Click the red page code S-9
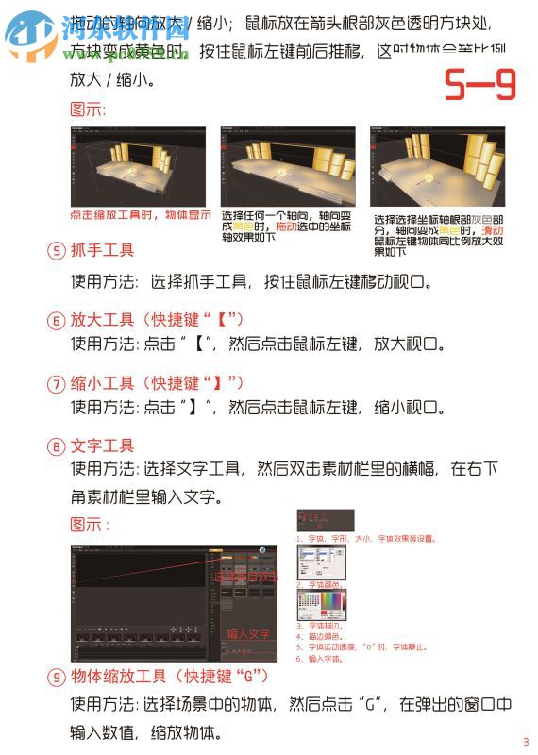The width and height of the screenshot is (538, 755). pos(480,86)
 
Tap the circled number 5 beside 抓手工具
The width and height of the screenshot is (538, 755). pos(57,251)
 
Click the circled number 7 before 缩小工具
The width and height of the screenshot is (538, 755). pos(57,384)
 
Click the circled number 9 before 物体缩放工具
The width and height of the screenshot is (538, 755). pos(57,677)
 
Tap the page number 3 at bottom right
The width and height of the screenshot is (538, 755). pos(526,741)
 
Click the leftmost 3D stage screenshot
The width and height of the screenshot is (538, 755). pos(139,167)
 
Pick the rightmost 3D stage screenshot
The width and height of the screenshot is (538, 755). pos(436,167)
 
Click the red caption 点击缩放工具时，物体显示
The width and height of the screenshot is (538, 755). pos(141,215)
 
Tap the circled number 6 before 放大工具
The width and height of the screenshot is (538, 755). pos(57,319)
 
